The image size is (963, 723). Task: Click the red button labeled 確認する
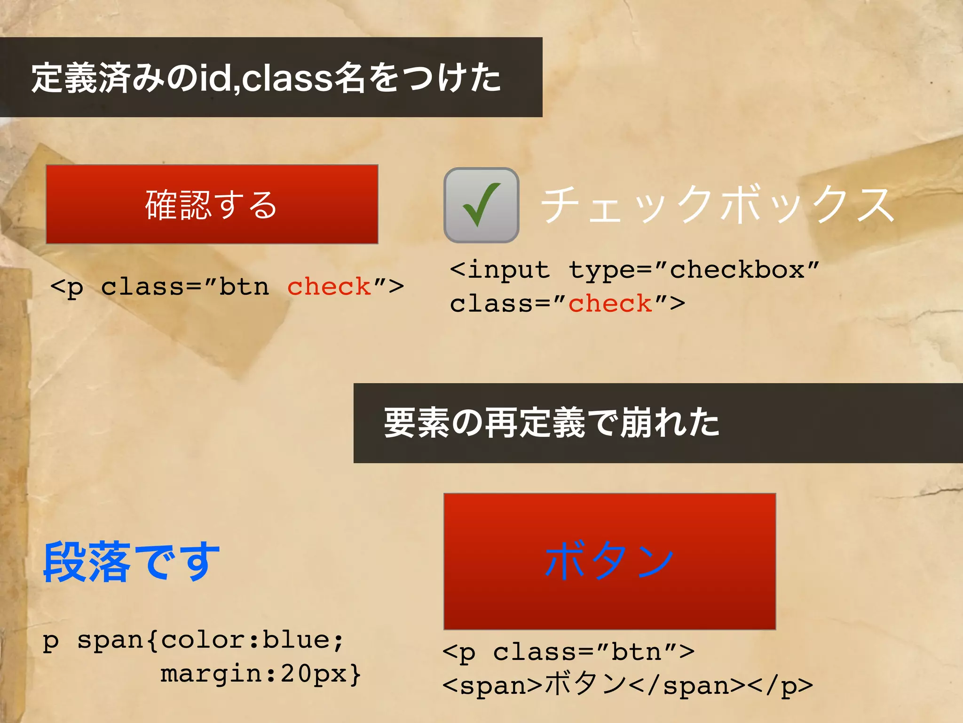[x=212, y=204]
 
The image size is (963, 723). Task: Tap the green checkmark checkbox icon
[x=481, y=205]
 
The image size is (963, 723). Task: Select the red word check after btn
[x=329, y=287]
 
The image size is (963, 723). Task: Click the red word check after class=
[x=610, y=304]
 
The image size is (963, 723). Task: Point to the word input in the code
[x=509, y=270]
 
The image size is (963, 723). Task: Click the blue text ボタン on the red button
[x=609, y=560]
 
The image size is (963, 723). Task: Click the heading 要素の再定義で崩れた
[x=551, y=423]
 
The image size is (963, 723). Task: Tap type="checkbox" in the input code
[x=694, y=270]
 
